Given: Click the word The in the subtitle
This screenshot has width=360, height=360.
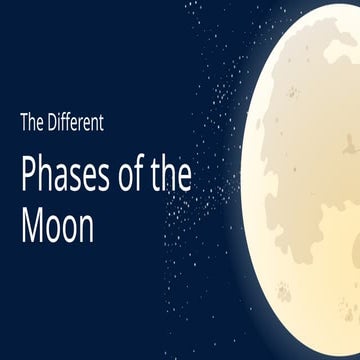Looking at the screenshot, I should pos(32,124).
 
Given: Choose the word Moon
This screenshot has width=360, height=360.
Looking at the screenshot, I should pos(57,227).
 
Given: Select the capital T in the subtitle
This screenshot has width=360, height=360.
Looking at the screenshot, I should pos(24,124).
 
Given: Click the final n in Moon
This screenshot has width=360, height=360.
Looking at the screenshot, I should pos(86,229).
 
